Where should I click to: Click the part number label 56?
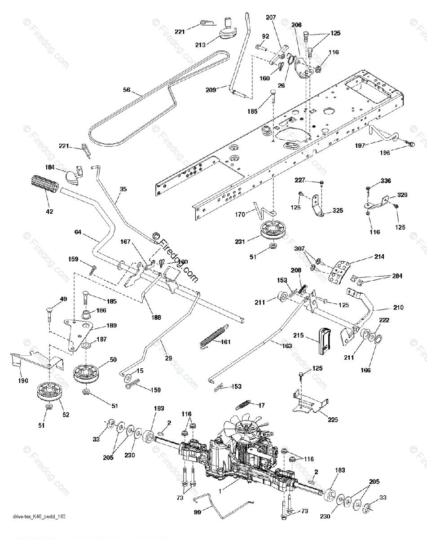[x=127, y=90]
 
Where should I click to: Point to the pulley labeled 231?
[x=268, y=231]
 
